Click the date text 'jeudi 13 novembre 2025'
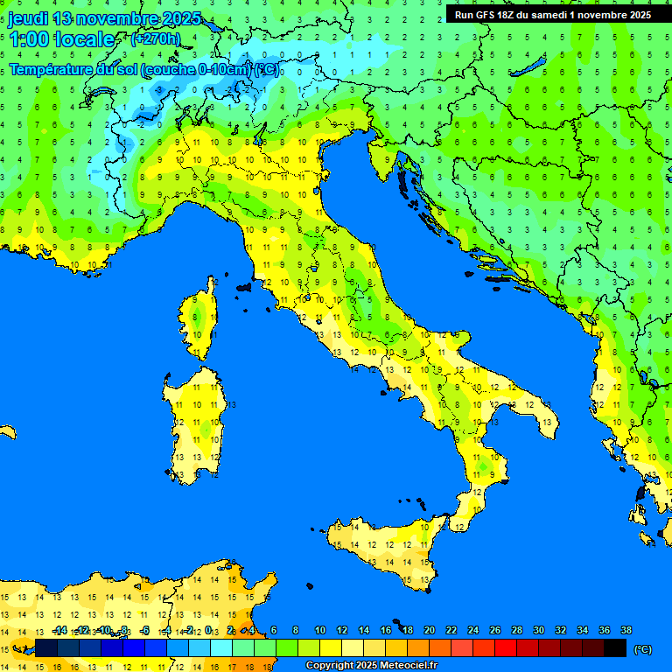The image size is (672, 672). coord(105,19)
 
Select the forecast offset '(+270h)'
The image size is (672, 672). coord(155,39)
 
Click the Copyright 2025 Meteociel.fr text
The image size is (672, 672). coord(371,666)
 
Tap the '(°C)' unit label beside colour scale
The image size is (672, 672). coord(642,649)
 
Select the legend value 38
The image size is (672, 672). coord(626,630)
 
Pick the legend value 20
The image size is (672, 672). coord(429,630)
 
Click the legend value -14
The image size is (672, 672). coord(59,630)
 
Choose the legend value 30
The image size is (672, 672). coord(538,630)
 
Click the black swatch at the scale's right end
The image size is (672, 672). coord(615,648)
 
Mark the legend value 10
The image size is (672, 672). coord(319,630)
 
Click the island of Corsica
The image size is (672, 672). coord(200,319)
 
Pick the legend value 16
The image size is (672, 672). coord(385,630)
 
